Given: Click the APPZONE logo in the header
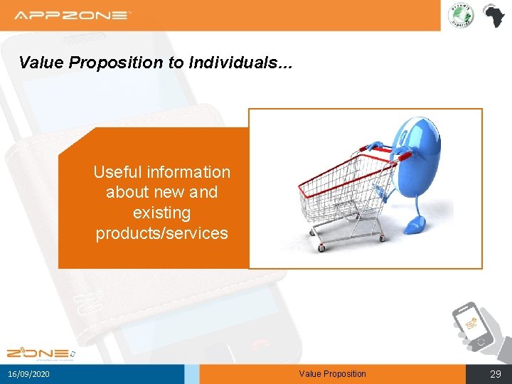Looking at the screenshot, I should (73, 15).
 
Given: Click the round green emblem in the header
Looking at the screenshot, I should (460, 16).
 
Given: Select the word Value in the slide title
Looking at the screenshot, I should (41, 63).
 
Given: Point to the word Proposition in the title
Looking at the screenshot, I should (114, 63).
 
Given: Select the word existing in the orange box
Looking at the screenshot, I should (161, 213).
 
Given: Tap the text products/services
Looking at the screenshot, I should (161, 233).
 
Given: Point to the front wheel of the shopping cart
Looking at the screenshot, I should (321, 248).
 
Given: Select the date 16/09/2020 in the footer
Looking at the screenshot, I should (29, 374).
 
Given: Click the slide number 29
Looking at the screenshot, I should (495, 374).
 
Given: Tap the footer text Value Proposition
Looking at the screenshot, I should (332, 374).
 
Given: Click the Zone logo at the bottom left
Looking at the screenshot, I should (40, 353).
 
